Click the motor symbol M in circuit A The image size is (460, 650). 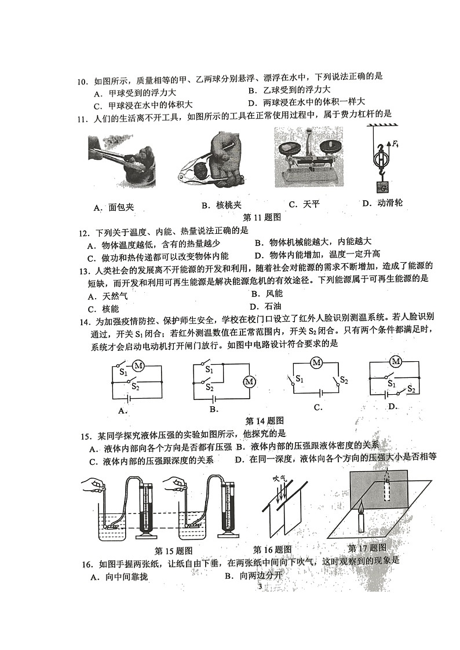(x=138, y=365)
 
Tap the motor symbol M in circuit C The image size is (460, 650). (x=316, y=363)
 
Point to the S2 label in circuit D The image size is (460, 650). (x=411, y=389)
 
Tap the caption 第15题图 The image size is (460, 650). (x=173, y=550)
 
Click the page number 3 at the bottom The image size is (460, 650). (x=260, y=586)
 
